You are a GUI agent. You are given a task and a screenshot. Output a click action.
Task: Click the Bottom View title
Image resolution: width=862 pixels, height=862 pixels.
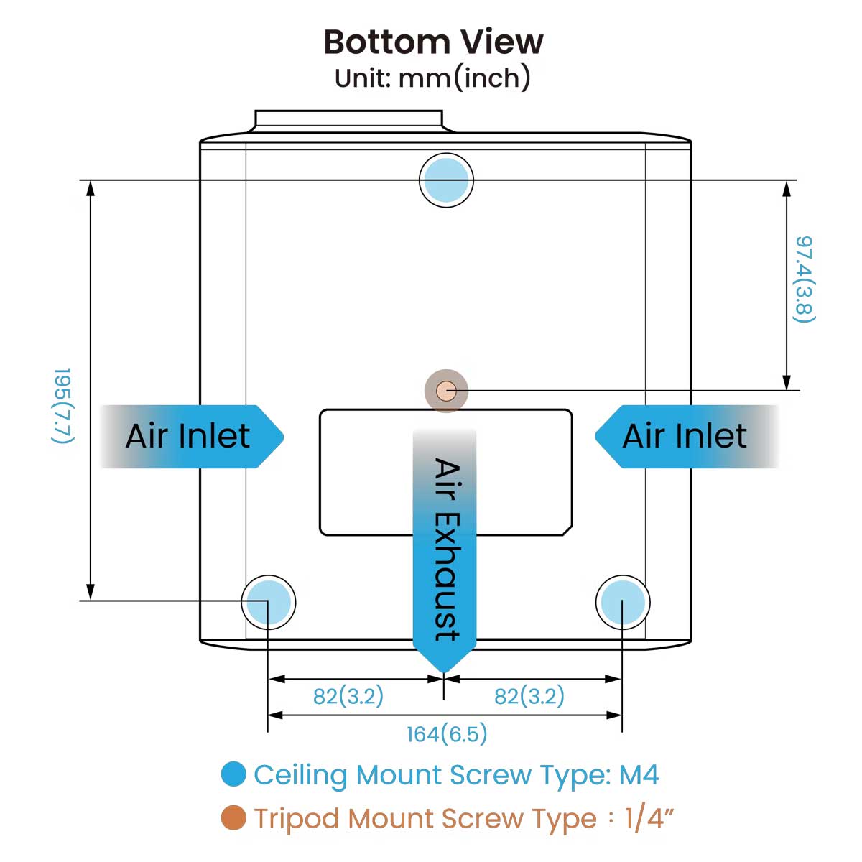pyautogui.click(x=433, y=42)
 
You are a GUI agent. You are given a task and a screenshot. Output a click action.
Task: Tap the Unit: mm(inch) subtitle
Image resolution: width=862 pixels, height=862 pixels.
pyautogui.click(x=432, y=78)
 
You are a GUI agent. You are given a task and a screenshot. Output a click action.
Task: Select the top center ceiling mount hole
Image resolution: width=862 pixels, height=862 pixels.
pyautogui.click(x=446, y=180)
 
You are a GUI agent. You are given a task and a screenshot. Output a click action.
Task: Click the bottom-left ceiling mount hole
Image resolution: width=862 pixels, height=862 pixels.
pyautogui.click(x=268, y=602)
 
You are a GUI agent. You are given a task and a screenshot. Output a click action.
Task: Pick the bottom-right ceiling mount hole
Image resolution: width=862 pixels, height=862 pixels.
pyautogui.click(x=623, y=602)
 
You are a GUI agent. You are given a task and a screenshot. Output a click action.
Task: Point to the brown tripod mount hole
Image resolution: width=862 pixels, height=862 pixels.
pyautogui.click(x=446, y=391)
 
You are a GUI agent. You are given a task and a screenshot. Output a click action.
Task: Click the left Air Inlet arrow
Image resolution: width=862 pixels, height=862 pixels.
pyautogui.click(x=190, y=436)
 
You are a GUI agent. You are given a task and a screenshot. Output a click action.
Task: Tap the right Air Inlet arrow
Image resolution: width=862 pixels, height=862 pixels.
pyautogui.click(x=686, y=436)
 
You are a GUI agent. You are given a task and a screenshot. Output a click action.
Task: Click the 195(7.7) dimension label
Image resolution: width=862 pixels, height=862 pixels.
pyautogui.click(x=63, y=406)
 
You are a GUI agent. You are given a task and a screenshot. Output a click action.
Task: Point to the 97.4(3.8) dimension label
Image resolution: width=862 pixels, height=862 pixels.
pyautogui.click(x=804, y=279)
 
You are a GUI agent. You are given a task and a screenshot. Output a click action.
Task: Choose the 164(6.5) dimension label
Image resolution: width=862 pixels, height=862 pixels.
pyautogui.click(x=447, y=734)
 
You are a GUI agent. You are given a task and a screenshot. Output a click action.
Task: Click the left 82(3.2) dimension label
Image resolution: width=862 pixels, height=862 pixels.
pyautogui.click(x=348, y=696)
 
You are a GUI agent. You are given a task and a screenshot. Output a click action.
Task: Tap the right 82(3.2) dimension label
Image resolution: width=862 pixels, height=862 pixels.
pyautogui.click(x=529, y=696)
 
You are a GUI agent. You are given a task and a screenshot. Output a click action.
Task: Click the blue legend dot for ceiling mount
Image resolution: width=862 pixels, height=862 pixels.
pyautogui.click(x=233, y=774)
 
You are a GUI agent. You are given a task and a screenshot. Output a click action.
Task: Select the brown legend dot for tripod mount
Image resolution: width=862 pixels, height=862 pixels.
pyautogui.click(x=233, y=817)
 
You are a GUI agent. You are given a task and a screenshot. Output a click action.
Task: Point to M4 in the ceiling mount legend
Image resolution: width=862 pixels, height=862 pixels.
pyautogui.click(x=639, y=774)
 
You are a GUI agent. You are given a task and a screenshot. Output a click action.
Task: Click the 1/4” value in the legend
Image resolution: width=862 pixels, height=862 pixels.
pyautogui.click(x=650, y=817)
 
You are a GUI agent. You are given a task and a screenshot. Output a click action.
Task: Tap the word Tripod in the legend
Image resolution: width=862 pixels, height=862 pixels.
pyautogui.click(x=297, y=818)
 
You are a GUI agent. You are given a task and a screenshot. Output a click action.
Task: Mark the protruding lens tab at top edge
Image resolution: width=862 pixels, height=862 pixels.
pyautogui.click(x=349, y=121)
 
